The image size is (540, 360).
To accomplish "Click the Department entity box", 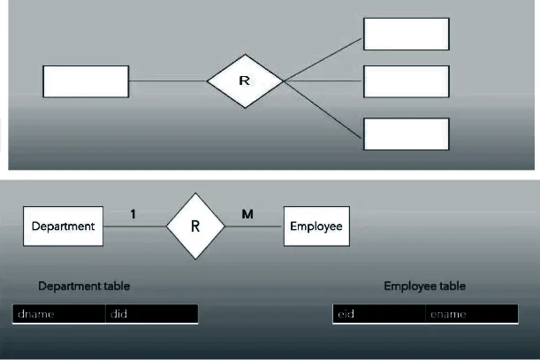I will (63, 226).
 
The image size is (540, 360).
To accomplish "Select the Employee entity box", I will (316, 226).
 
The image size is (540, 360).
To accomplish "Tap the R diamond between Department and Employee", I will (195, 226).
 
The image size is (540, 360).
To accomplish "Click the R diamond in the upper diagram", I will (245, 81).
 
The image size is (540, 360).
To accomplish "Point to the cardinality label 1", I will (133, 214).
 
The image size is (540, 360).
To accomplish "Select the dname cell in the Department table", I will (58, 314).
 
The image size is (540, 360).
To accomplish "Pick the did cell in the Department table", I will (151, 314).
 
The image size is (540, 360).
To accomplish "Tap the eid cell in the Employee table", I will (379, 315).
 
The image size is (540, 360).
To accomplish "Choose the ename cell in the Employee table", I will (471, 315).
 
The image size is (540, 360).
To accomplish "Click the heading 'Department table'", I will (85, 287).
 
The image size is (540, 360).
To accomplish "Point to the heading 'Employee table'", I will (424, 287).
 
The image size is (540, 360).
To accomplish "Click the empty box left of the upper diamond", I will (86, 81).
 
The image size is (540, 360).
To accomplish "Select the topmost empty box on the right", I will (407, 34).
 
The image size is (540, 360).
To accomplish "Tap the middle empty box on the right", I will (407, 81).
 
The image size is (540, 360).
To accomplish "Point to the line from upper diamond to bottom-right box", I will (323, 107).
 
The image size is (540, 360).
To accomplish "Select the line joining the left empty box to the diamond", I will (168, 81).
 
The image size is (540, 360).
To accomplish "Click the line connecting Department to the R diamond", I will (134, 226).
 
